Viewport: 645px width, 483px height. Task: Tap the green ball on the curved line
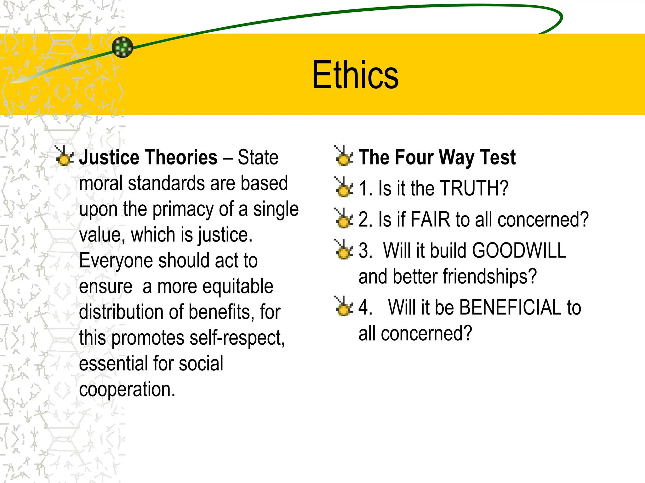(123, 47)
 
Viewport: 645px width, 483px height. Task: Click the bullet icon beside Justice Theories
(65, 156)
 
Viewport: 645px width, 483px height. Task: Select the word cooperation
(127, 390)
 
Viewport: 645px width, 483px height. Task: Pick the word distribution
(121, 312)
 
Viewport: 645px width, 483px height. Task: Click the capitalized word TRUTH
(474, 188)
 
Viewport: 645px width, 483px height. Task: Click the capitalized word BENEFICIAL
(510, 307)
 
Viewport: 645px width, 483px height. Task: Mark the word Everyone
(116, 261)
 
